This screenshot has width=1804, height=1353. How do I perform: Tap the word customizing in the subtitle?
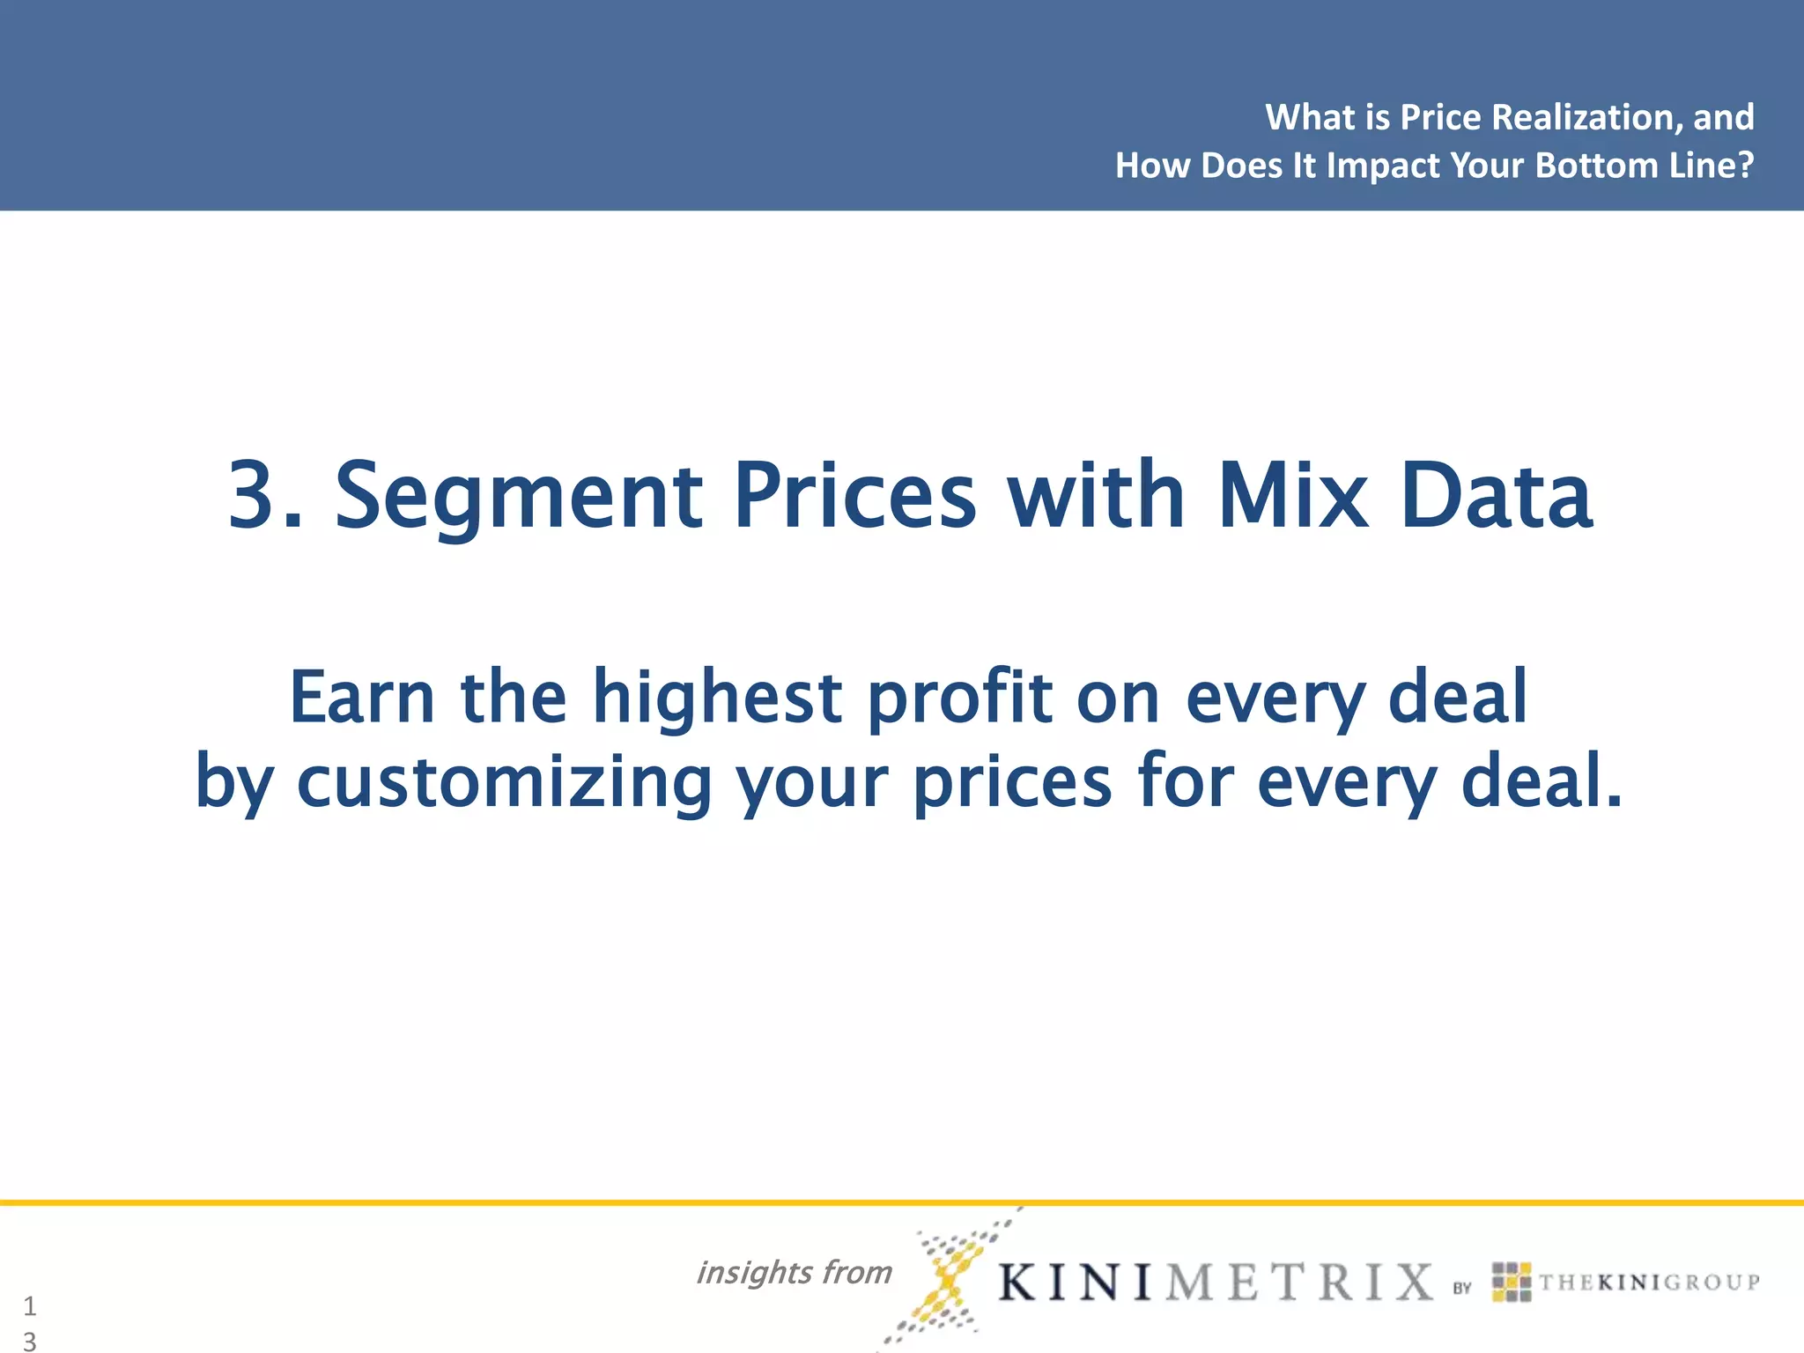tap(504, 783)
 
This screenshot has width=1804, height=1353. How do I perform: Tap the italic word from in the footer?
tap(857, 1272)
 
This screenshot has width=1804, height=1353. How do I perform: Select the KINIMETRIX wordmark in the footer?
tap(1216, 1282)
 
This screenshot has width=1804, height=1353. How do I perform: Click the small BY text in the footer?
tap(1462, 1288)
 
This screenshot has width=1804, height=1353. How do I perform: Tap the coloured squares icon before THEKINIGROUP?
tap(1512, 1282)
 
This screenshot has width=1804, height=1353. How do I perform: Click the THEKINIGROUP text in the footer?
tap(1649, 1283)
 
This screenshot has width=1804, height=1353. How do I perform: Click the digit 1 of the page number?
tap(30, 1305)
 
